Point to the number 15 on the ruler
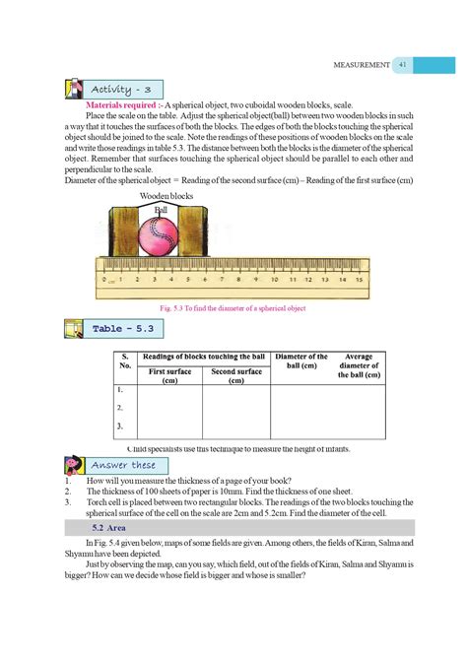pos(360,279)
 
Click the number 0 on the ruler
pos(103,279)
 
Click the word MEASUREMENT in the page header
pos(355,65)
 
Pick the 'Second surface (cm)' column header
pos(236,375)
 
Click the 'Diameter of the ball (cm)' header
pos(301,362)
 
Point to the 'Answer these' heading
pos(124,464)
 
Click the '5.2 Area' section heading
pos(99,528)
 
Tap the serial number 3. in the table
pos(119,426)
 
